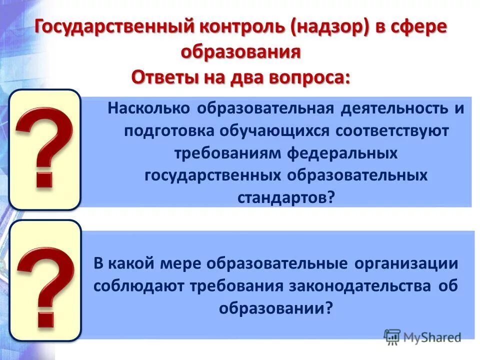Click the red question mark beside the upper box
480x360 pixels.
[x=44, y=148]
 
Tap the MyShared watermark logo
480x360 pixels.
[x=422, y=336]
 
